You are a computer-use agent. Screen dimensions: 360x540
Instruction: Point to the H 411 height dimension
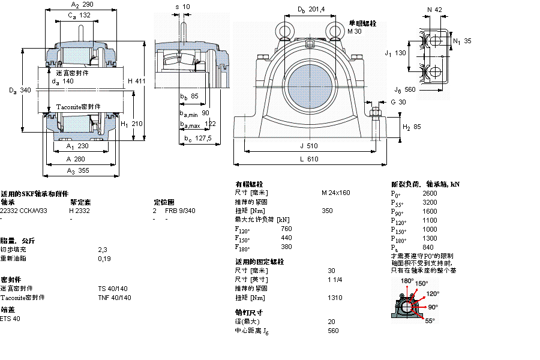coord(136,81)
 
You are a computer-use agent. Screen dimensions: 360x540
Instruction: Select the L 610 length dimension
coord(309,159)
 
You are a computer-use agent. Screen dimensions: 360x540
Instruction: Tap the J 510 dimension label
coord(309,145)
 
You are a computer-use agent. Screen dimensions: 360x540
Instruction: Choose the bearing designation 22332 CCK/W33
coord(24,211)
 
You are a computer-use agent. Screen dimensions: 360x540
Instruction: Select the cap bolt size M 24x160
coord(335,193)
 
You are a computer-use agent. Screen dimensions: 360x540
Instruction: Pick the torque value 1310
coord(335,298)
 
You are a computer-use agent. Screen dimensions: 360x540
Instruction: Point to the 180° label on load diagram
coord(407,281)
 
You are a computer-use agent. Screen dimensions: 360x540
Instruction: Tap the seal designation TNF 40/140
coord(113,298)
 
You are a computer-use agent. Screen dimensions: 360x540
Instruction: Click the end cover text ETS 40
coord(10,319)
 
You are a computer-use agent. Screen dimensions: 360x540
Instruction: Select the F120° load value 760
coord(286,229)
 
